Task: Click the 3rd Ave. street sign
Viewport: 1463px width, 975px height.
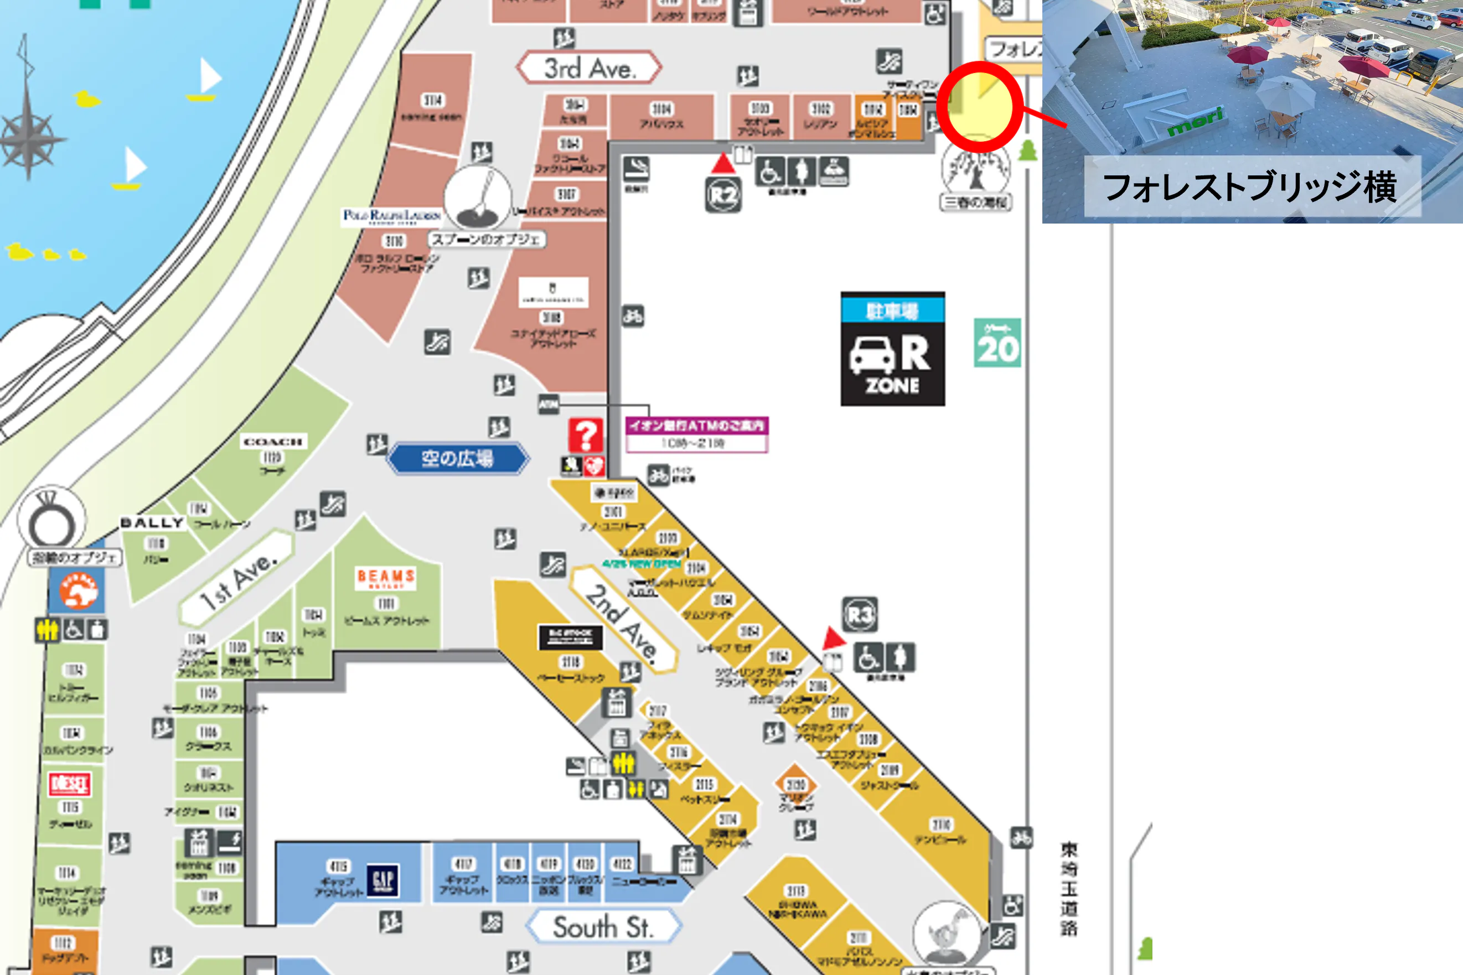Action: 588,68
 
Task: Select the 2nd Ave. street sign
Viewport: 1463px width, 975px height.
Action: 622,622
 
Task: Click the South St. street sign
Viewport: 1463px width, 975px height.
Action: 603,927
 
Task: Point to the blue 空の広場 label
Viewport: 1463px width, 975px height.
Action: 458,459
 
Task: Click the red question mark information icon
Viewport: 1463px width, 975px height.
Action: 585,434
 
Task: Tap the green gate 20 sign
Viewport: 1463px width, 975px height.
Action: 997,343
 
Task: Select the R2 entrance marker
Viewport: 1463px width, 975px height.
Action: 723,195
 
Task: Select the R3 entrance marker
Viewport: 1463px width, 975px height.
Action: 860,615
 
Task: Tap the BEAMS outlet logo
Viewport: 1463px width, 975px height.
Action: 386,578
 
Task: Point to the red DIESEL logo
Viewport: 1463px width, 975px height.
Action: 70,784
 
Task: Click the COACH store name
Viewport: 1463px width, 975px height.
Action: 273,442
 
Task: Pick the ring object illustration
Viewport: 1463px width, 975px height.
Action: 51,521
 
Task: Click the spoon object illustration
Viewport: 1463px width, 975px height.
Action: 478,198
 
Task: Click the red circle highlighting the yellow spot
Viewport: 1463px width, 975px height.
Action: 980,107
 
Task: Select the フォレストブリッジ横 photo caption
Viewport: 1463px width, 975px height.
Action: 1252,186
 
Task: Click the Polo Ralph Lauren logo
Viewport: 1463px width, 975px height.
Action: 392,216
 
